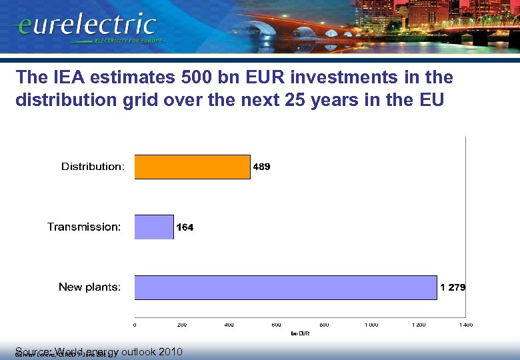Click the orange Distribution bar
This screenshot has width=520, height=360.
pos(192,167)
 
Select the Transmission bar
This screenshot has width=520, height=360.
pos(154,227)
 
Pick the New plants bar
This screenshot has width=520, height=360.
pos(285,287)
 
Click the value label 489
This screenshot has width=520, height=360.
pos(261,167)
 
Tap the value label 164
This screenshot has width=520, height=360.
pos(185,227)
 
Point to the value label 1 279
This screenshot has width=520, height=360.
pos(453,287)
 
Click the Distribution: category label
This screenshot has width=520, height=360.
pos(93,167)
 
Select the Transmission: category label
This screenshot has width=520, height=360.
pos(84,227)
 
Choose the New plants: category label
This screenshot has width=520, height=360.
pos(89,287)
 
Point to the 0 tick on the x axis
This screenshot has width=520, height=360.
pos(135,325)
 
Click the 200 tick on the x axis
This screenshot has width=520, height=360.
pos(182,325)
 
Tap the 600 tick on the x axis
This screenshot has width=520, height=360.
pos(277,325)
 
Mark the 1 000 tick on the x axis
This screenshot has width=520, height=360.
pos(371,325)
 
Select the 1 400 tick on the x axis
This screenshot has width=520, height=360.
pos(465,325)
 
